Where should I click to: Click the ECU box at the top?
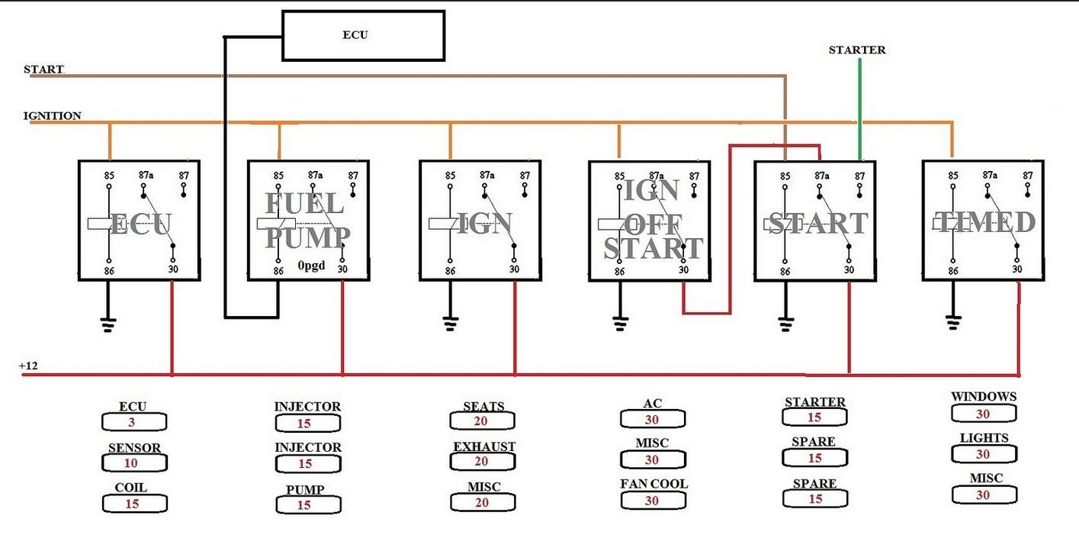(363, 36)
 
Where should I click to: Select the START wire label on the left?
(43, 69)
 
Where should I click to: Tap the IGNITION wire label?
(52, 116)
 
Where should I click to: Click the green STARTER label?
(857, 50)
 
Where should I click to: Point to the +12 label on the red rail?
(27, 366)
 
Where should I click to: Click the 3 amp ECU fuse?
(133, 422)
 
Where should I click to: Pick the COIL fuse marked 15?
(133, 504)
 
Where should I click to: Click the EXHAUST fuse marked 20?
(483, 462)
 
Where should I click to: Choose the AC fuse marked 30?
(653, 419)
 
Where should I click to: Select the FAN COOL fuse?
(653, 501)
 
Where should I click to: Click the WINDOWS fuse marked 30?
(984, 413)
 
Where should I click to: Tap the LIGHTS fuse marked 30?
(984, 454)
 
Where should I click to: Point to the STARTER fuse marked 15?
(814, 417)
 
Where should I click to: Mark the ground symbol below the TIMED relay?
(952, 321)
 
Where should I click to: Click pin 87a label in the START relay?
(821, 176)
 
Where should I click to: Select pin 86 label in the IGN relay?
(450, 270)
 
